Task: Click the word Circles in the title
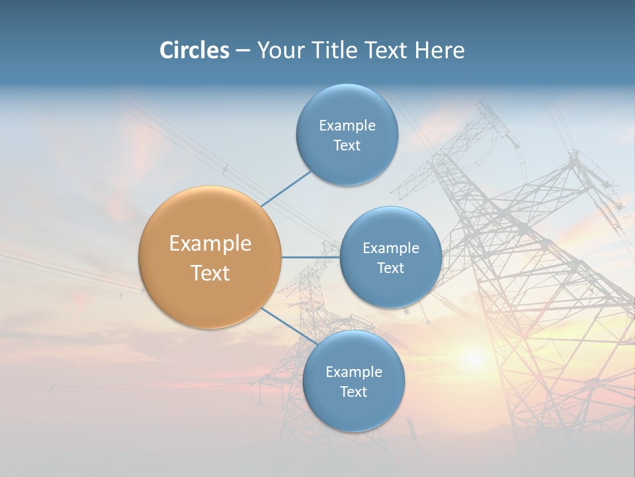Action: click(194, 50)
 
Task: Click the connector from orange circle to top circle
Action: click(286, 189)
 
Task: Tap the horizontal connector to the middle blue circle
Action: click(311, 257)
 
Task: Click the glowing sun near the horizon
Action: click(474, 358)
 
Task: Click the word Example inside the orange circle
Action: click(210, 244)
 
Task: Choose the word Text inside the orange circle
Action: click(210, 273)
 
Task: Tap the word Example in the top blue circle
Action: click(347, 126)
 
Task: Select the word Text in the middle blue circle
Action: click(390, 268)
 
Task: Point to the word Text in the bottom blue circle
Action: click(353, 392)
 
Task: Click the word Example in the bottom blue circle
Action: click(354, 372)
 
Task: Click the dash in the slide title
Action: click(242, 51)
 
